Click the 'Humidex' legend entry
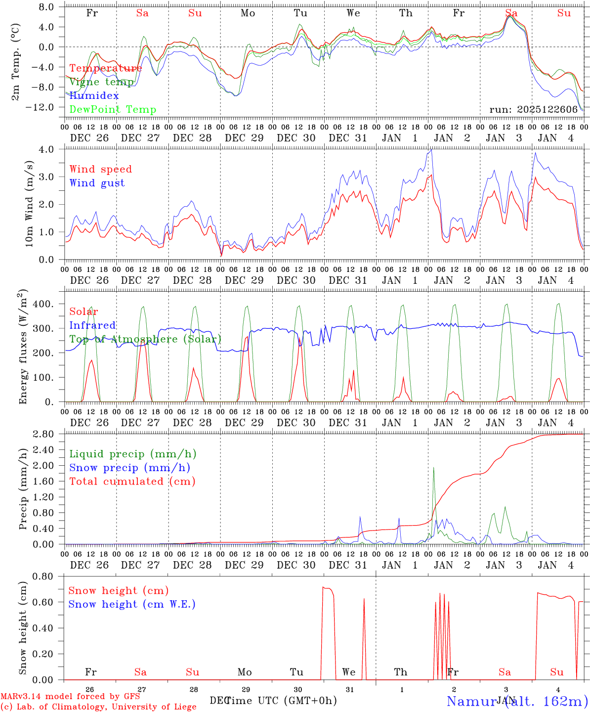click(x=94, y=95)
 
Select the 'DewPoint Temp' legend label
click(x=113, y=109)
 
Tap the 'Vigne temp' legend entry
click(x=101, y=82)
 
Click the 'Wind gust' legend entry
click(x=97, y=183)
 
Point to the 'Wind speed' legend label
click(x=100, y=169)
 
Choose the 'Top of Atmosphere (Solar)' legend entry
click(x=145, y=339)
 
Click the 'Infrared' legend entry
click(x=92, y=325)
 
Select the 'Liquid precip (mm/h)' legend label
click(x=132, y=454)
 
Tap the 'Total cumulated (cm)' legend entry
click(x=132, y=481)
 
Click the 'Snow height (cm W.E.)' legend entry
click(x=131, y=604)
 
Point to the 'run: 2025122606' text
click(x=533, y=109)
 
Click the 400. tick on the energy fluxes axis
click(x=43, y=304)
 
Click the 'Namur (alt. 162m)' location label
click(x=517, y=701)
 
